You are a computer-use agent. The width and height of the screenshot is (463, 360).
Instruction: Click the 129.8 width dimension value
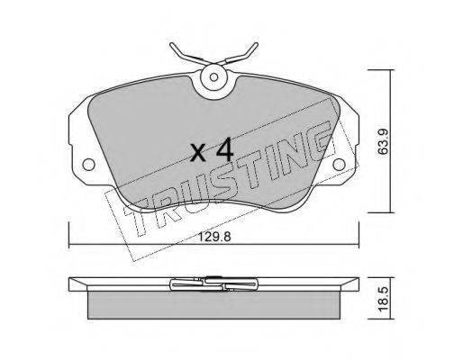click(x=214, y=238)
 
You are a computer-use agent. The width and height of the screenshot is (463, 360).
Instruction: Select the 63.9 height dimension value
click(x=384, y=141)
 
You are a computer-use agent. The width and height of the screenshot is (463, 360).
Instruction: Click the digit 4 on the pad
click(x=225, y=149)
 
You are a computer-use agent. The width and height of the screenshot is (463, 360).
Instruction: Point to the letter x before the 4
click(x=199, y=153)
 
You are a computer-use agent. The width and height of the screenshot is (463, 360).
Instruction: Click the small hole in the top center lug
click(x=213, y=77)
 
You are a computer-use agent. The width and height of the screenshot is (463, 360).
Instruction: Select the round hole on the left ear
click(x=88, y=165)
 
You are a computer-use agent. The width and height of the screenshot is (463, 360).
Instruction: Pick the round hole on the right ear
click(x=339, y=165)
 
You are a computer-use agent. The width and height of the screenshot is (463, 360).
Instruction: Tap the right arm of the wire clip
click(x=241, y=55)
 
